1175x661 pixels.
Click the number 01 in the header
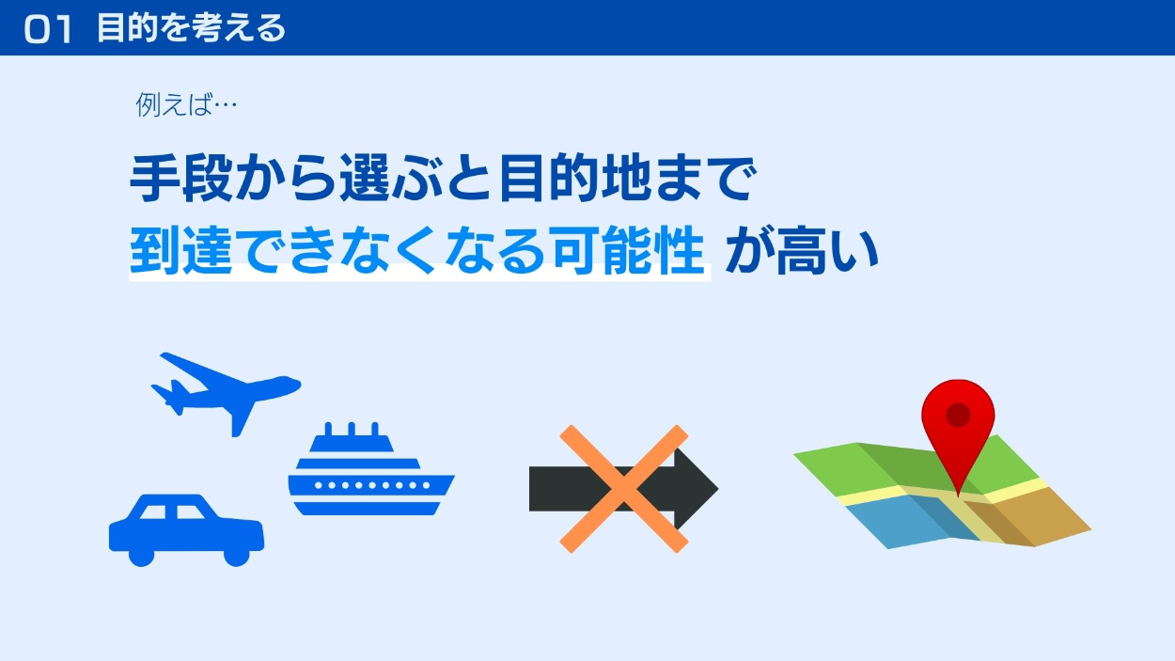[48, 29]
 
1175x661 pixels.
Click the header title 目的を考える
[191, 28]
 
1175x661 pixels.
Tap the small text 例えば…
[186, 104]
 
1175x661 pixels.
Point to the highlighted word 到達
[181, 250]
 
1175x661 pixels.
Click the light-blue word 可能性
[628, 250]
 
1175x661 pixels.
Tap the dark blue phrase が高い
[802, 250]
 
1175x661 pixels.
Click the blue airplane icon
[227, 394]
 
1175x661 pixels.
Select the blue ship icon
[371, 468]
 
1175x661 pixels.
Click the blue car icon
[186, 530]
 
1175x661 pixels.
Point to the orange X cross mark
[624, 489]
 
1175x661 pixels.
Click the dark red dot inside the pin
[958, 415]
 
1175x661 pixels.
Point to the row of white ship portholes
[372, 485]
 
